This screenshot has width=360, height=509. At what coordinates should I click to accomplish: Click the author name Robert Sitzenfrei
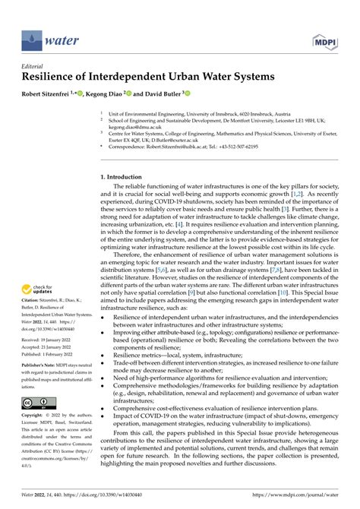pyautogui.click(x=49, y=93)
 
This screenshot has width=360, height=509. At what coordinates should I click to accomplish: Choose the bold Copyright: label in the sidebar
pyautogui.click(x=35, y=416)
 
